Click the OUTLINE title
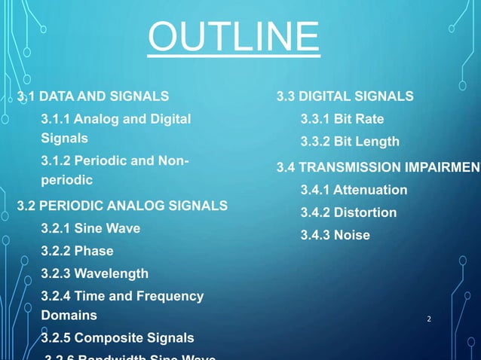pyautogui.click(x=234, y=38)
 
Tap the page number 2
pyautogui.click(x=429, y=319)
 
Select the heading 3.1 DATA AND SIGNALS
pyautogui.click(x=93, y=96)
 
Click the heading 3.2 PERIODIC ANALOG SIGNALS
pyautogui.click(x=122, y=205)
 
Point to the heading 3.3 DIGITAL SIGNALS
pyautogui.click(x=345, y=96)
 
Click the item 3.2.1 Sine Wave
pyautogui.click(x=90, y=228)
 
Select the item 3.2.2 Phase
pyautogui.click(x=77, y=251)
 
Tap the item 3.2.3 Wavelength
pyautogui.click(x=94, y=273)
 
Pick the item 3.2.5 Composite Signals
pyautogui.click(x=117, y=337)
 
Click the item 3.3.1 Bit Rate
pyautogui.click(x=342, y=119)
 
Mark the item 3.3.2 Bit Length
pyautogui.click(x=350, y=142)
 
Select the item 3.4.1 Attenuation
pyautogui.click(x=354, y=190)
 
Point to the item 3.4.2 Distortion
pyautogui.click(x=348, y=212)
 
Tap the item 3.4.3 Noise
pyautogui.click(x=335, y=235)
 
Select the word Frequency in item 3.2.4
pyautogui.click(x=172, y=297)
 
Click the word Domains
pyautogui.click(x=69, y=315)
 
